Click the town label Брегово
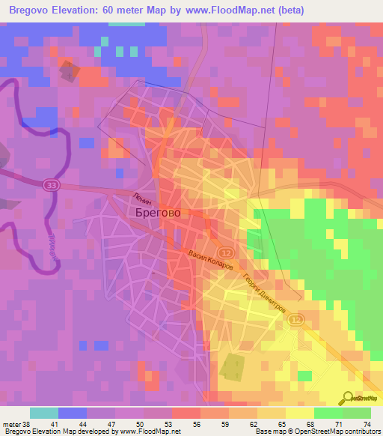(x=158, y=213)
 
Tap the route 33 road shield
(x=51, y=186)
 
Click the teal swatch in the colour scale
(x=44, y=413)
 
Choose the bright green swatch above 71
(x=328, y=413)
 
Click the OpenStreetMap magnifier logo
(x=350, y=397)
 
